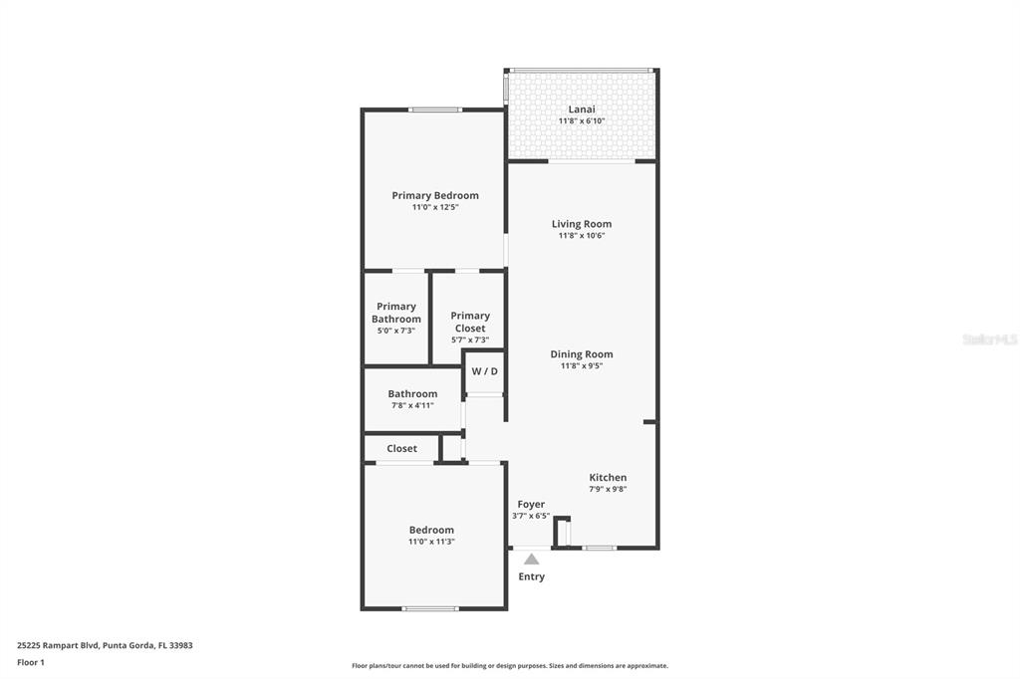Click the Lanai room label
click(582, 109)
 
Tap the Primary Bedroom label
click(435, 195)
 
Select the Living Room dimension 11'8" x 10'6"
click(582, 236)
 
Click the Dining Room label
click(582, 353)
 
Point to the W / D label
click(485, 371)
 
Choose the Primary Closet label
click(470, 322)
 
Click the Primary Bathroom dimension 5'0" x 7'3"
click(396, 331)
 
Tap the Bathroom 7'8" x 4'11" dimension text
click(412, 405)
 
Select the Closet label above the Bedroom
click(402, 448)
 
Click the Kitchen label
click(608, 477)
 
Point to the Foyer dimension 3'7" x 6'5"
click(531, 516)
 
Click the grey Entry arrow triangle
click(532, 560)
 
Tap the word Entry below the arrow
click(532, 576)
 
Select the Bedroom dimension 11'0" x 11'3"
click(431, 542)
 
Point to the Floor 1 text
click(31, 662)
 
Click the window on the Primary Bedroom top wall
click(435, 110)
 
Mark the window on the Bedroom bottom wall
click(431, 608)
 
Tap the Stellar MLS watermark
click(989, 339)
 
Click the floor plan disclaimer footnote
click(510, 666)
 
